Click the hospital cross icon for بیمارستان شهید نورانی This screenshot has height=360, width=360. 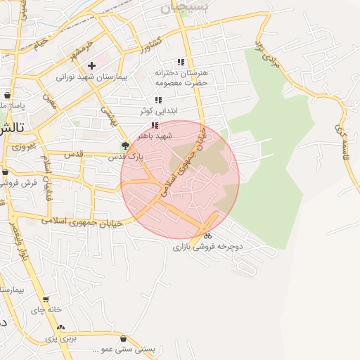point(91,65)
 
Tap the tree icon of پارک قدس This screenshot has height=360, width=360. point(125,146)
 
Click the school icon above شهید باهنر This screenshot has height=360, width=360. point(155,124)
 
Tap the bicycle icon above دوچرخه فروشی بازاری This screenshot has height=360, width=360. point(207,236)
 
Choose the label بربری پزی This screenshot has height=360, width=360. point(60,338)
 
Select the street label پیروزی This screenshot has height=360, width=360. point(22,148)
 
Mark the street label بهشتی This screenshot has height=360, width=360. point(106,115)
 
